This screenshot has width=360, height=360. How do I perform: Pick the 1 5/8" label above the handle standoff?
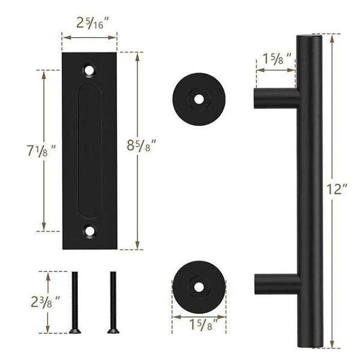pyautogui.click(x=276, y=59)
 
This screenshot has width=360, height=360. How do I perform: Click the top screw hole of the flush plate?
pyautogui.click(x=90, y=70)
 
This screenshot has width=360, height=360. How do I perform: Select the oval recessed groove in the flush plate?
pyautogui.click(x=90, y=150)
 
